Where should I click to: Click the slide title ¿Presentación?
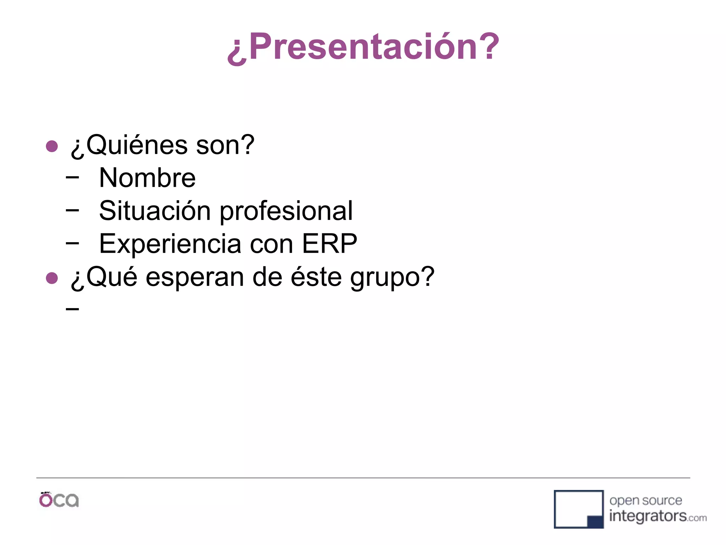[363, 47]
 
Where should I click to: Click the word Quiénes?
[136, 145]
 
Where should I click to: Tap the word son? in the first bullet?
[225, 145]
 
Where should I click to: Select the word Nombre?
[147, 178]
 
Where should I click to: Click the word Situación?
[155, 211]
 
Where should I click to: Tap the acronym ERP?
[329, 244]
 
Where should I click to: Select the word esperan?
[195, 278]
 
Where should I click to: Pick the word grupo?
[392, 278]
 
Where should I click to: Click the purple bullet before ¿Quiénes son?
[52, 146]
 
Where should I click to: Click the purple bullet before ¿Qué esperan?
[52, 278]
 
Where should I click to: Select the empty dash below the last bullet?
[72, 309]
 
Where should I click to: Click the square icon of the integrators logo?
[579, 509]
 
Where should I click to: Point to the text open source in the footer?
[646, 500]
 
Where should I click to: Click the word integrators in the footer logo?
[648, 516]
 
